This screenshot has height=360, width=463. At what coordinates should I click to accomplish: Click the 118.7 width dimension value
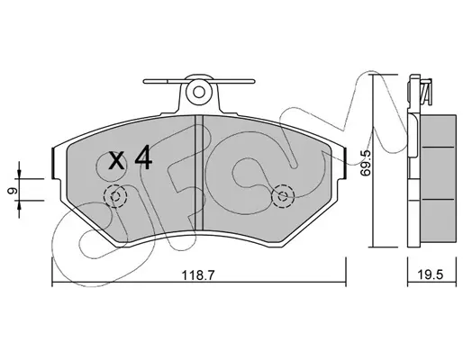point(198,274)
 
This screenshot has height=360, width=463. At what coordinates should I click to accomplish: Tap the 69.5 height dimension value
point(367,163)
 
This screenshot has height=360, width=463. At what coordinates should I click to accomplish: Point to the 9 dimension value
point(12,191)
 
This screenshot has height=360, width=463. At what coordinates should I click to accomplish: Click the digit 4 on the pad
point(143,157)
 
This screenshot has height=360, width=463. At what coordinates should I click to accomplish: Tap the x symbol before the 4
point(116,160)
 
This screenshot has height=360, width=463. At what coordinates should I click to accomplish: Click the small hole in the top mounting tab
point(198,92)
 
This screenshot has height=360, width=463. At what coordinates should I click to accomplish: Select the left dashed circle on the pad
point(115,196)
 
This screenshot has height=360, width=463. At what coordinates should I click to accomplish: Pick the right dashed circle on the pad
point(283,196)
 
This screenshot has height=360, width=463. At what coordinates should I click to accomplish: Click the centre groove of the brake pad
point(199,174)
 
